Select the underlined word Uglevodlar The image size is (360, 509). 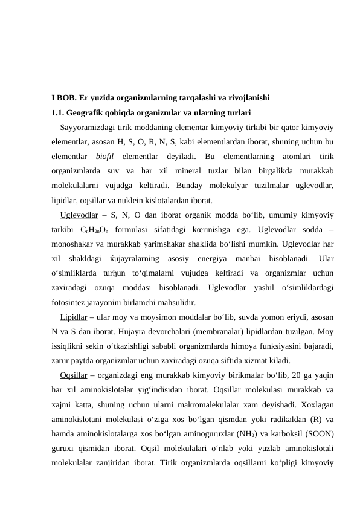(80, 215)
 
